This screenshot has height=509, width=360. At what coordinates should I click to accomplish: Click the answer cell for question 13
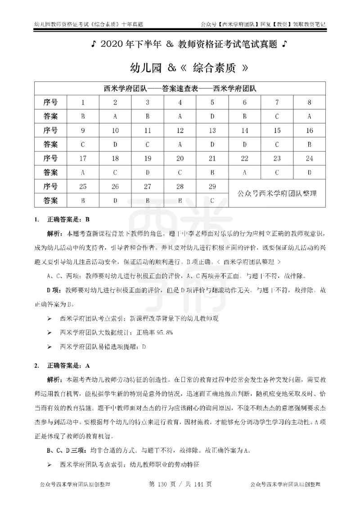pos(212,145)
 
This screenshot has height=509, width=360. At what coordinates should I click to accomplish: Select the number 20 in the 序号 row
pos(180,159)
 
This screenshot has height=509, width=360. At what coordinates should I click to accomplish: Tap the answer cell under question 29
pos(212,201)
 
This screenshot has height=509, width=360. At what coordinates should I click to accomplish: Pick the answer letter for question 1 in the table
pos(83,116)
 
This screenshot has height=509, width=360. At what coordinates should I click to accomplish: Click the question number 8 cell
pos(310,102)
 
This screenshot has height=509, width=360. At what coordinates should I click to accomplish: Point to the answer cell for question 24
pos(310,173)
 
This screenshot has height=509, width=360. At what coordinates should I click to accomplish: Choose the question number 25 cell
pos(83,187)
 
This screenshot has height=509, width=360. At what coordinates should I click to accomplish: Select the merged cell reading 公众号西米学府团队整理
pos(277,194)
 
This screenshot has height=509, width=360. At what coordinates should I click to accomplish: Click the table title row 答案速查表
pos(180,88)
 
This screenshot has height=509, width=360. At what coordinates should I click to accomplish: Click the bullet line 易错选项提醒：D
pos(103,347)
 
